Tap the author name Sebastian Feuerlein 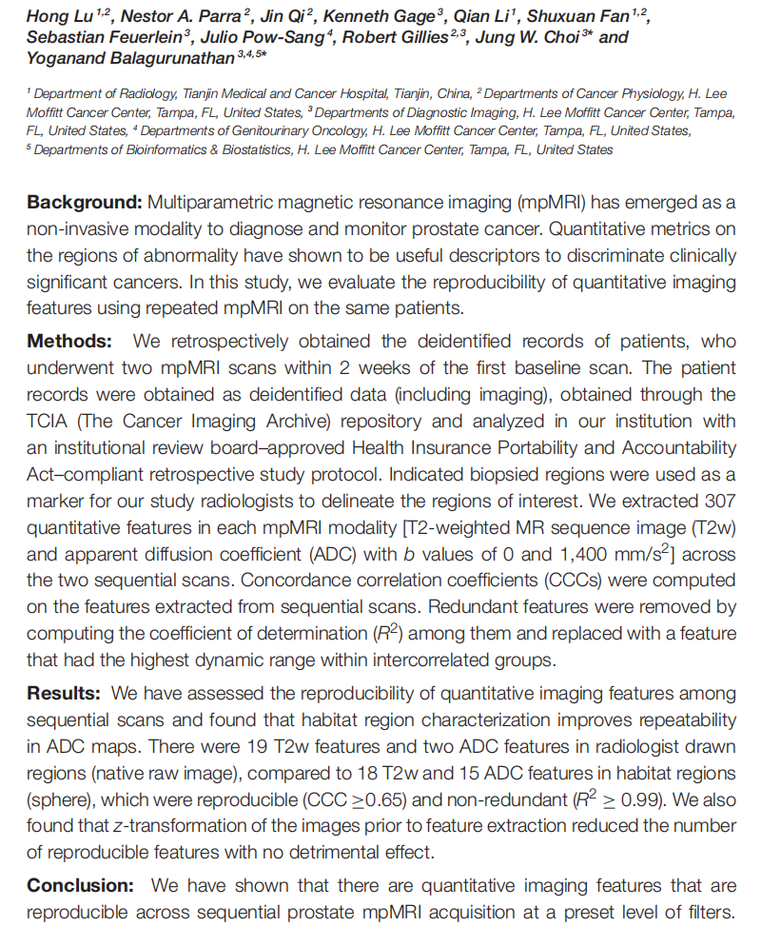tap(102, 37)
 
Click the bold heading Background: tap(84, 203)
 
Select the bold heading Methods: tap(71, 341)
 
